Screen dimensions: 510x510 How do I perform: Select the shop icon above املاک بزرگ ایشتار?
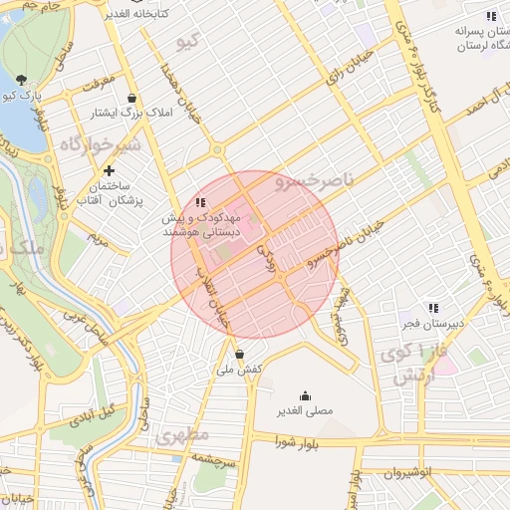(131, 98)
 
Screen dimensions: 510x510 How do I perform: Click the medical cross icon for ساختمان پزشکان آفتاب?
(109, 170)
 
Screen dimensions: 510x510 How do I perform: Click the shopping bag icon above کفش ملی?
(239, 353)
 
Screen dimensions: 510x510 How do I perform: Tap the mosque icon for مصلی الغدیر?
(305, 394)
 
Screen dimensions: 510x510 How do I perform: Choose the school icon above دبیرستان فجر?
(432, 308)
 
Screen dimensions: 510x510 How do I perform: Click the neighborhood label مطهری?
(180, 436)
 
